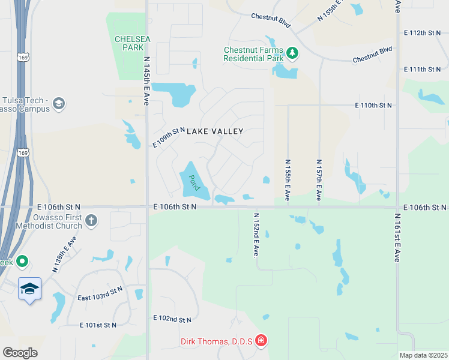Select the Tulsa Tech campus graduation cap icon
pos(58,104)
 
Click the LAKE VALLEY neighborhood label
pos(215,131)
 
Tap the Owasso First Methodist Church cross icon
pos(91,220)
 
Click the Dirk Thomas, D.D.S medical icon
pos(261,341)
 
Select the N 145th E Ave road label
pos(146,82)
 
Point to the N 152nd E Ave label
pos(256,235)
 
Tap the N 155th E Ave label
pos(288,179)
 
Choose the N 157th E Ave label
pos(319,179)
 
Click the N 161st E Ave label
pos(397,237)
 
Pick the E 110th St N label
pos(373,105)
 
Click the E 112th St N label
pos(423,31)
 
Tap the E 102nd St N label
pos(172,319)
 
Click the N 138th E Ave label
pos(64,254)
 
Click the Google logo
pos(20,352)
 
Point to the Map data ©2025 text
pos(423,355)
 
